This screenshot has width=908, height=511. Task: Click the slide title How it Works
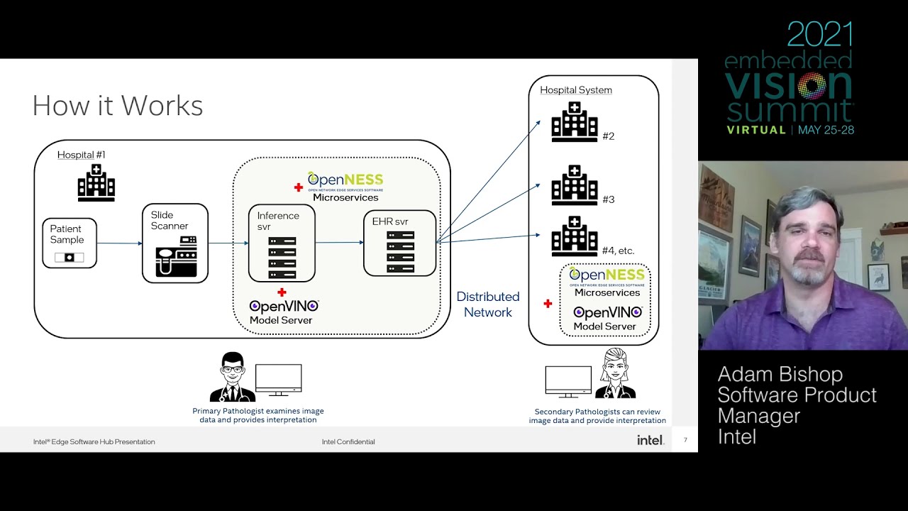118,106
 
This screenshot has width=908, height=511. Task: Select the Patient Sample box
69,243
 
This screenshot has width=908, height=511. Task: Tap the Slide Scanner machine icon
175,255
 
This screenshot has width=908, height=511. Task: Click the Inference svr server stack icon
282,258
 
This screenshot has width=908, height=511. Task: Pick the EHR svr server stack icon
400,251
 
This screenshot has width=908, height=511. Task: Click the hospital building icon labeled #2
574,122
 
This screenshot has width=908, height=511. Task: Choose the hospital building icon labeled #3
574,185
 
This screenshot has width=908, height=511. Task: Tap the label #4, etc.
617,251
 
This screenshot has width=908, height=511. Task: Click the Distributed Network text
487,304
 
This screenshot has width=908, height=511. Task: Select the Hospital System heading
575,90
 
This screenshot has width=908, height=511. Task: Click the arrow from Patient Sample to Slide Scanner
118,243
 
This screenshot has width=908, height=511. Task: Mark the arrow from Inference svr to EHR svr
339,243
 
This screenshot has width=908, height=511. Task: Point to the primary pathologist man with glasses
232,377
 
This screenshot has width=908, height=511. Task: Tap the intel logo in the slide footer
650,441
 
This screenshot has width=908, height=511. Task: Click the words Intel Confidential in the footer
348,441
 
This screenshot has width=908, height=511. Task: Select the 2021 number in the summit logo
819,35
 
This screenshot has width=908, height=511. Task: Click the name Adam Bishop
780,375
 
